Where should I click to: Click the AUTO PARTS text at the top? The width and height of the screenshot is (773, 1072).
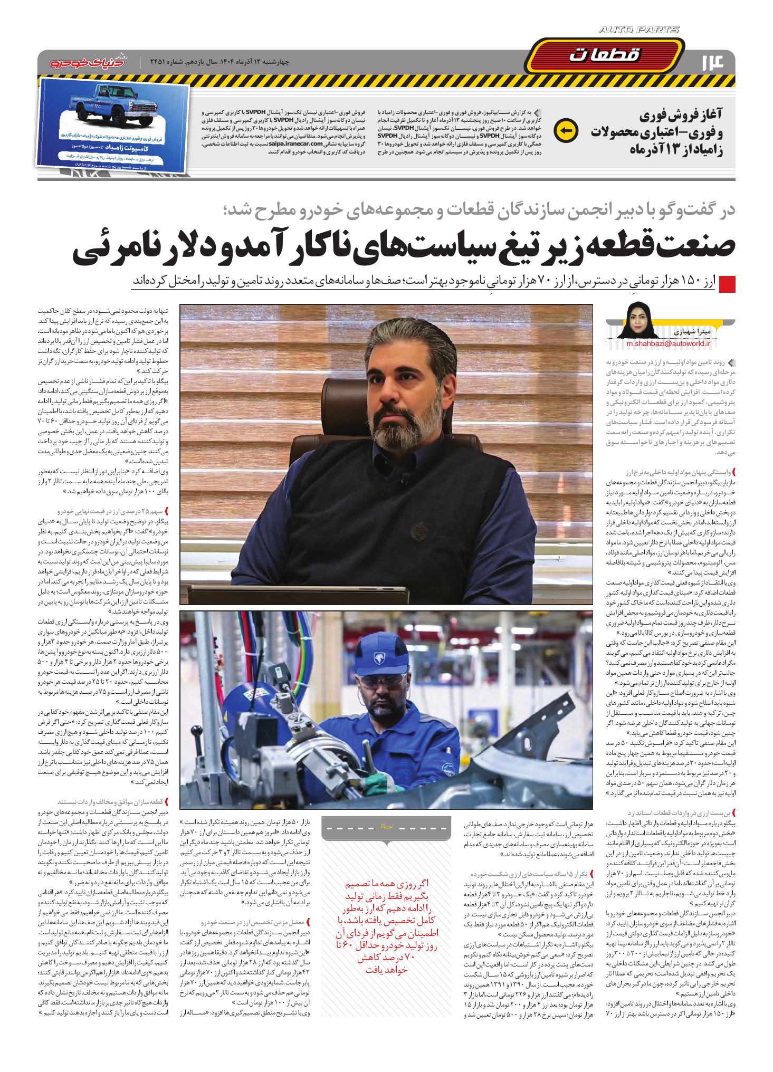[639, 31]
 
